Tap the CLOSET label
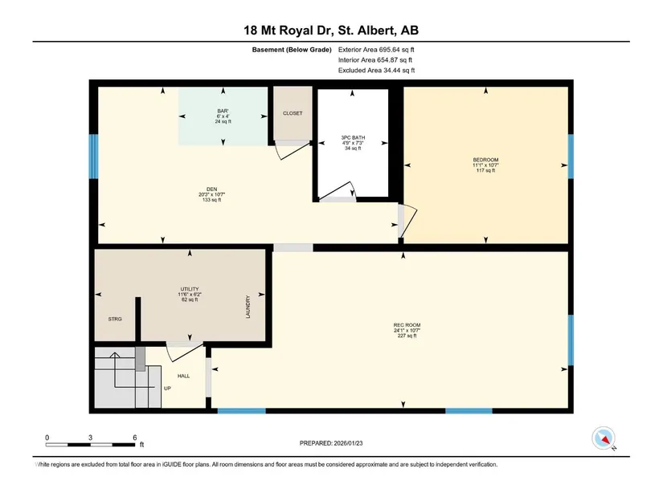[293, 113]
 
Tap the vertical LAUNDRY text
[248, 307]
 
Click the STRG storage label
[115, 319]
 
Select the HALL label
[183, 376]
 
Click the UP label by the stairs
[167, 389]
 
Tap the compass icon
[604, 438]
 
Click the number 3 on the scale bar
[91, 438]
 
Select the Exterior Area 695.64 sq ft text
[376, 50]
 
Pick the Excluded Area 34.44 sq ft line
[376, 70]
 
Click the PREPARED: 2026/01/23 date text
[331, 443]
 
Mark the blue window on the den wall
[93, 157]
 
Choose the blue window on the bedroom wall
[571, 157]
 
